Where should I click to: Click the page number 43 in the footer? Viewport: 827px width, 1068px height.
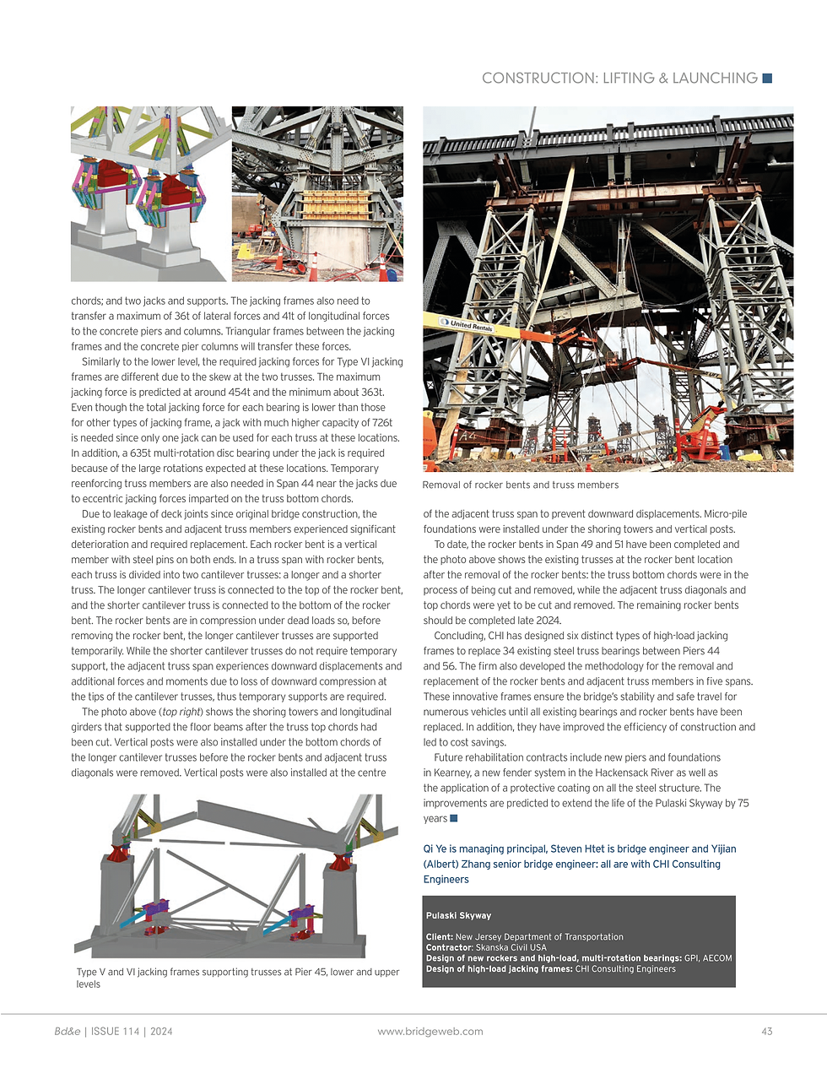pyautogui.click(x=766, y=1031)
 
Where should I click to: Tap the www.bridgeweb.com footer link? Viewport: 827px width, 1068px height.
pyautogui.click(x=430, y=1031)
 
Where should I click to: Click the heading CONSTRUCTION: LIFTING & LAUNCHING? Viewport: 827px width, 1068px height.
pyautogui.click(x=619, y=79)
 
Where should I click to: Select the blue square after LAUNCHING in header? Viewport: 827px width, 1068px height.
pyautogui.click(x=767, y=79)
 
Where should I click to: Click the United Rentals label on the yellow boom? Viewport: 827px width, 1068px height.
pyautogui.click(x=471, y=325)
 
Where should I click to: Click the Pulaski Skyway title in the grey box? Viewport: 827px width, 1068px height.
pyautogui.click(x=458, y=915)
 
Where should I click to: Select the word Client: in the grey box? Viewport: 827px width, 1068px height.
pyautogui.click(x=439, y=936)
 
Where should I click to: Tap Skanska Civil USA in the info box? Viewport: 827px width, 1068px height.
pyautogui.click(x=511, y=947)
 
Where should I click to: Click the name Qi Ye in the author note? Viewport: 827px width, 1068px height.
pyautogui.click(x=435, y=848)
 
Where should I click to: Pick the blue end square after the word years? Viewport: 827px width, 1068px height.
pyautogui.click(x=454, y=818)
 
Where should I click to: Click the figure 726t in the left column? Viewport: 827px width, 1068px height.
pyautogui.click(x=381, y=422)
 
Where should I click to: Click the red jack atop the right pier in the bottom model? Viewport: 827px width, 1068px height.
pyautogui.click(x=340, y=861)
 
